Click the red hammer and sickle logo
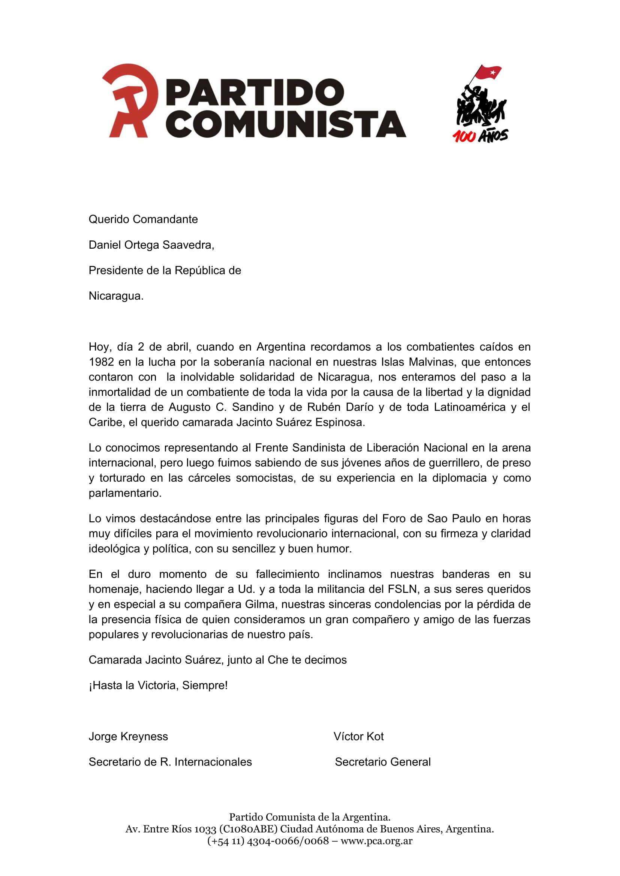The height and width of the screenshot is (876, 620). [x=130, y=100]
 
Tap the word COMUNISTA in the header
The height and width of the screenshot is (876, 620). [x=286, y=124]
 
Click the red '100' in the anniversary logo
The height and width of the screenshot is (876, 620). [x=464, y=136]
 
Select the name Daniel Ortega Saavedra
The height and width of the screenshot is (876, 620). [x=151, y=245]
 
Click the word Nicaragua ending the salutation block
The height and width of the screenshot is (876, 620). [x=116, y=296]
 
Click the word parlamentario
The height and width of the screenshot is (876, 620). [x=125, y=493]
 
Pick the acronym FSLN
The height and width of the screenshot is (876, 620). [x=402, y=589]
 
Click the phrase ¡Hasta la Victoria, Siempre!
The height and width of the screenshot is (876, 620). [x=158, y=686]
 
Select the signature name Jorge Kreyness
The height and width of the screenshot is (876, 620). [x=128, y=737]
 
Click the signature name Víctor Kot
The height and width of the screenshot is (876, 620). [x=358, y=737]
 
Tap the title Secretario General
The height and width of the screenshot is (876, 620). [x=383, y=762]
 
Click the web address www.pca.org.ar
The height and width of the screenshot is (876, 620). [x=376, y=840]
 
